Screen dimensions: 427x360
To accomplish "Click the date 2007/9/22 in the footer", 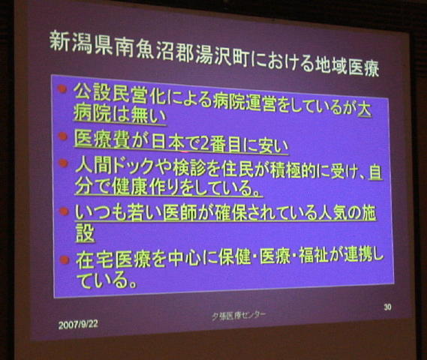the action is [78, 324].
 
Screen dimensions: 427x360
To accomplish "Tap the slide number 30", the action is [387, 307].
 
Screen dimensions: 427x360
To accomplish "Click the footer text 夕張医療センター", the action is [239, 315].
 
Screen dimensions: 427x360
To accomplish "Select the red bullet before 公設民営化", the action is [62, 88].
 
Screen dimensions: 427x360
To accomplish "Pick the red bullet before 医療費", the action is [63, 136].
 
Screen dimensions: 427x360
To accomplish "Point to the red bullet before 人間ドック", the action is [63, 163].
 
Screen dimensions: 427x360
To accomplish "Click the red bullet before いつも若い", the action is [65, 211].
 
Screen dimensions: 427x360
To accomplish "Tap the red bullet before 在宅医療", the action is [65, 259].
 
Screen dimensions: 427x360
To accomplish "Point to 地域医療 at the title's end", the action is [347, 66].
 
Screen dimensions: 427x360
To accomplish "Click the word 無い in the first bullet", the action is [149, 115].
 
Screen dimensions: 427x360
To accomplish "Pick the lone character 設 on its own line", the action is [85, 233].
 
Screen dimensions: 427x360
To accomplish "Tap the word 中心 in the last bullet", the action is [185, 258].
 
